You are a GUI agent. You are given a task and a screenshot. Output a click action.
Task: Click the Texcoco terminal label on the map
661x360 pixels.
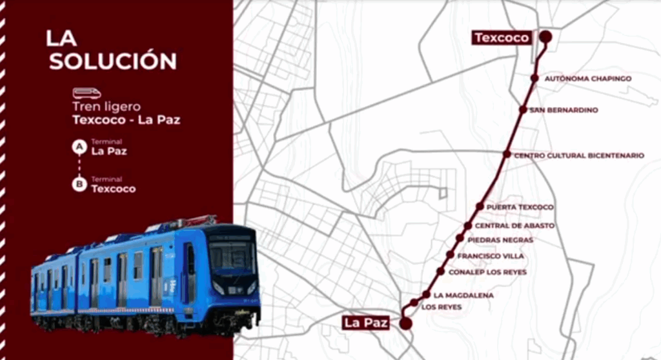coord(502,37)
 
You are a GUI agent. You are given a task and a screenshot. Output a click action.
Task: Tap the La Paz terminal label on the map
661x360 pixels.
coord(366,323)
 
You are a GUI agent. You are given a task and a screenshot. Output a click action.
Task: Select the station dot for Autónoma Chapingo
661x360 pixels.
coord(534,78)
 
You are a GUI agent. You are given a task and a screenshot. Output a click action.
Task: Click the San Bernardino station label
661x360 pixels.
coord(564,110)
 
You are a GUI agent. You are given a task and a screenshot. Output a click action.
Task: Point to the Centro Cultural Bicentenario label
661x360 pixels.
coord(579,155)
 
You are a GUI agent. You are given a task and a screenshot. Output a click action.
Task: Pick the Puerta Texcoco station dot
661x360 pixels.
coord(480,206)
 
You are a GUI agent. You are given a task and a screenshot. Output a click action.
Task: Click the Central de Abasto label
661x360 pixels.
coord(514,226)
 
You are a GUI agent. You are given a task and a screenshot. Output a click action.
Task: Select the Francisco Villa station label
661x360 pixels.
coord(491,256)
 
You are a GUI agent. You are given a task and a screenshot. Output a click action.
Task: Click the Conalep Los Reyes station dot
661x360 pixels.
coord(440,272)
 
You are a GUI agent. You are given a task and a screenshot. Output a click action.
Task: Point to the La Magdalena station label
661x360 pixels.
coord(463,295)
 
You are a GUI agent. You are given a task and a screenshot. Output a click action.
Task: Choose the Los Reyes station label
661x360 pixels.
coord(442,307)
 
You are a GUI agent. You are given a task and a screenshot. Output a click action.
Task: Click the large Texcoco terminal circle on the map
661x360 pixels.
coord(545,37)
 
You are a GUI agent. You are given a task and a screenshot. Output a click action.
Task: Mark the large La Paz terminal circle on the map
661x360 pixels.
coord(406,324)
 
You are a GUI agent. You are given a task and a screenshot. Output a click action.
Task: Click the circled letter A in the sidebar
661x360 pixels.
coord(79,148)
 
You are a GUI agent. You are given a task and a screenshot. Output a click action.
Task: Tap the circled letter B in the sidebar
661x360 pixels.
coord(79,186)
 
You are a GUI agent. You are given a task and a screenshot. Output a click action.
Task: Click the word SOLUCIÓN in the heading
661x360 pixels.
coord(113,61)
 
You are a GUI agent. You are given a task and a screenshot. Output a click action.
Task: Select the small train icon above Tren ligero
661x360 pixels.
coord(86,94)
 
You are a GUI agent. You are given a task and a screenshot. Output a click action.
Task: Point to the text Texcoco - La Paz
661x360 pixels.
coord(126,119)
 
